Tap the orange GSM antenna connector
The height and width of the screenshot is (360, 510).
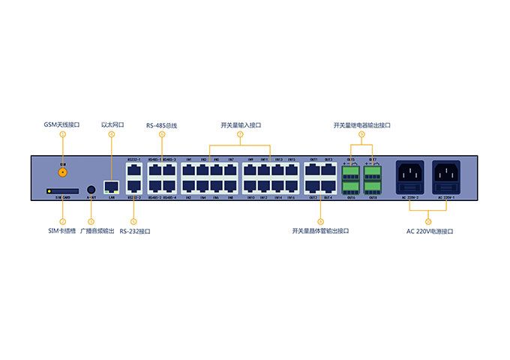pos(63,170)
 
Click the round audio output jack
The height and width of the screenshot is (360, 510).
pos(91,190)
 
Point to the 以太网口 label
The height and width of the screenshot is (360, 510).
pos(112,124)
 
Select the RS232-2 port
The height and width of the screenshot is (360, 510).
pos(133,185)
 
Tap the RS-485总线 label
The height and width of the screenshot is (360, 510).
pos(161,125)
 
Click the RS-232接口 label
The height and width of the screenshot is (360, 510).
pos(135,232)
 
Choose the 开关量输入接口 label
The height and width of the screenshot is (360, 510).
pos(240,125)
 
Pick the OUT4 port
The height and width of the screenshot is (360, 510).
pos(328,185)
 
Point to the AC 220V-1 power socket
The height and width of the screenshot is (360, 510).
pos(445,178)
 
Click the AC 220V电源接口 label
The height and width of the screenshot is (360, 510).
pos(429,232)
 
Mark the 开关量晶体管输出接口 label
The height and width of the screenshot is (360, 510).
pos(320,231)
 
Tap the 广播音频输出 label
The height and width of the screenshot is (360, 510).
pos(97,232)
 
